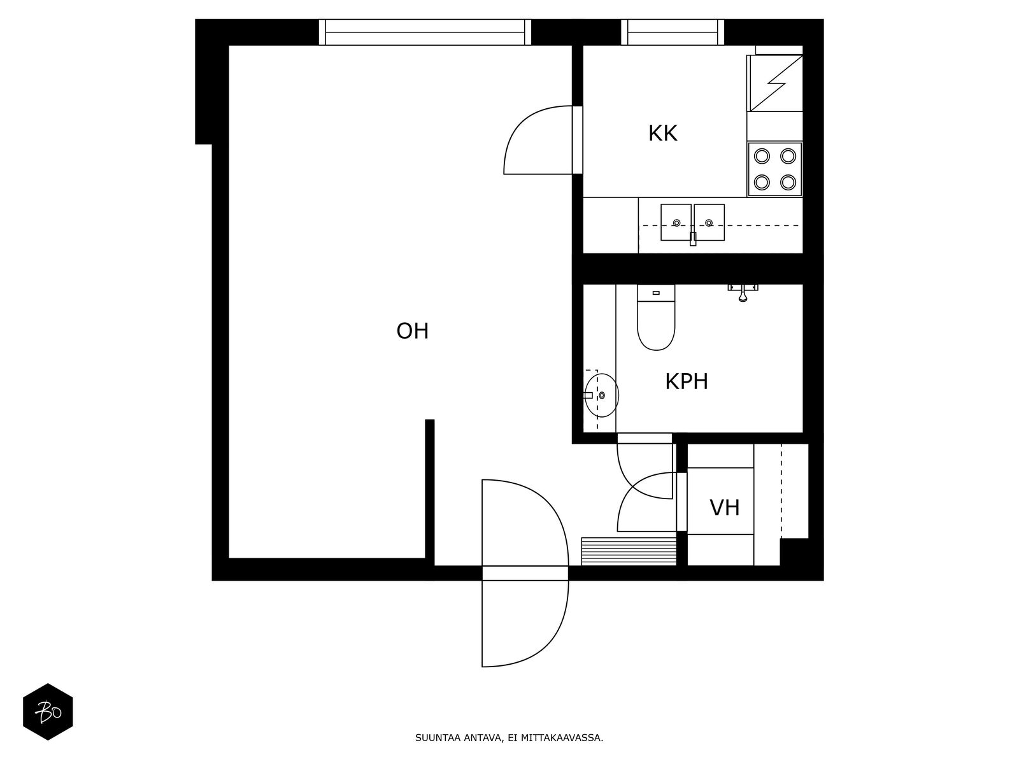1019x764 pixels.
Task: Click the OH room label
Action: pos(412,331)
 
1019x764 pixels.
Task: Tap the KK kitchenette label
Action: pos(662,133)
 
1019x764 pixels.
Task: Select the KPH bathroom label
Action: pos(687,381)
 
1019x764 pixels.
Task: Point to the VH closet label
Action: pos(724,508)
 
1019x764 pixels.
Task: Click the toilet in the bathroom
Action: pos(656,318)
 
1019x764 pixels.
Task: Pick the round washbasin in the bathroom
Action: pos(601,395)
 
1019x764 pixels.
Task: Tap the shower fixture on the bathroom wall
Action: pos(743,292)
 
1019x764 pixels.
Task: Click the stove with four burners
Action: pos(775,169)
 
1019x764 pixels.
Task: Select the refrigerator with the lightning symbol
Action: pos(775,83)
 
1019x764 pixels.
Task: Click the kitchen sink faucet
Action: pos(693,238)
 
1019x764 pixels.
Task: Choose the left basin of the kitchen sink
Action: pos(676,222)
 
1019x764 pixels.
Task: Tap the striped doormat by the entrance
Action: pos(629,551)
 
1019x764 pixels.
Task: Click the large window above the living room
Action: pos(425,32)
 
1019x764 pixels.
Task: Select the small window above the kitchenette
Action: pos(672,32)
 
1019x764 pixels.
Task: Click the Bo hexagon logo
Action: pos(48,712)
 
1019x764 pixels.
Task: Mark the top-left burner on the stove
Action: pos(762,156)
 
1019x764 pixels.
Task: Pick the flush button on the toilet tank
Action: pos(656,293)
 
